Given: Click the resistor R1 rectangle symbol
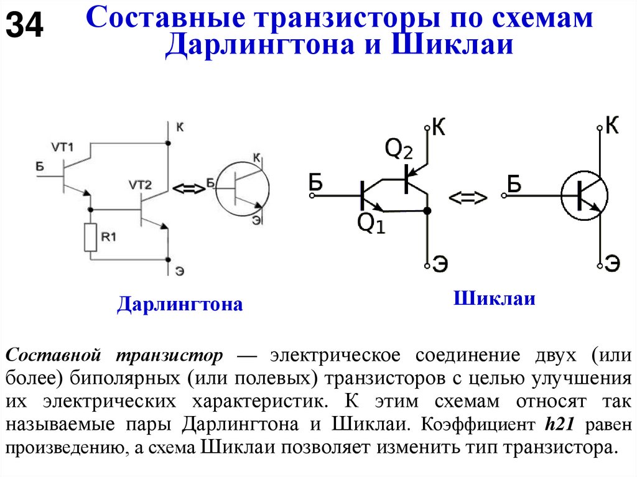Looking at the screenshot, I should pos(91,237).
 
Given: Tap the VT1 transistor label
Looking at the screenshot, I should pos(62,147).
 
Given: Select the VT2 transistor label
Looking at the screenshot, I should pos(140,185).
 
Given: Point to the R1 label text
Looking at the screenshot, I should pos(109,236).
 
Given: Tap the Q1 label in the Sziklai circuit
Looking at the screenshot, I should pos(371,223).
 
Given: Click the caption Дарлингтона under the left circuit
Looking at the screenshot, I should pos(180,305).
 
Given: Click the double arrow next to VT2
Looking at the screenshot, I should pos(188,189).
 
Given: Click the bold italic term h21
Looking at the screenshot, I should pos(562,425).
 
